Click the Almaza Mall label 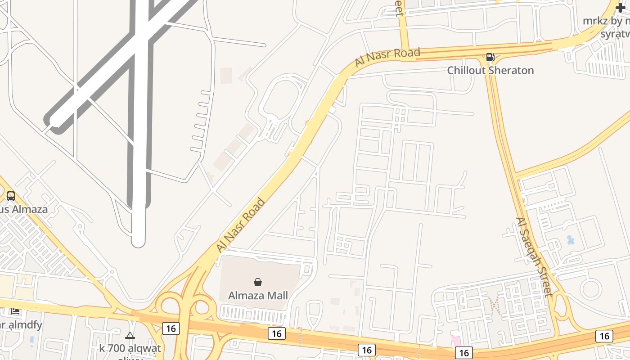(x=258, y=296)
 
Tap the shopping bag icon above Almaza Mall (x=258, y=282)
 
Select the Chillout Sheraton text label (x=490, y=70)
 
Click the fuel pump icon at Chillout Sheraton (x=490, y=57)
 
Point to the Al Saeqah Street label (x=534, y=257)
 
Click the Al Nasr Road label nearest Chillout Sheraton (x=387, y=57)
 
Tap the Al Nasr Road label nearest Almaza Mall (x=240, y=225)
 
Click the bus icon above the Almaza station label (x=11, y=196)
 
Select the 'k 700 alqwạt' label (x=130, y=348)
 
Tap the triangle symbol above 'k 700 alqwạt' (x=130, y=335)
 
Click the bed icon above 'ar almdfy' (x=15, y=311)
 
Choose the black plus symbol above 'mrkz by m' (x=621, y=8)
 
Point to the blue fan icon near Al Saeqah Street (x=571, y=240)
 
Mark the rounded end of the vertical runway (x=138, y=242)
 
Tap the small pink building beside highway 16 (x=456, y=341)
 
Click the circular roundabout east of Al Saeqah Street (x=590, y=289)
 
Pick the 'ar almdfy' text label (x=21, y=324)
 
